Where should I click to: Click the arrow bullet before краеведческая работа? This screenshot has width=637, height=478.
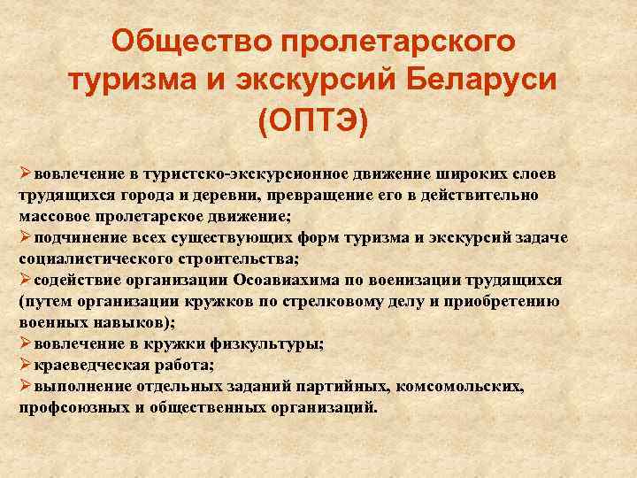coord(26,365)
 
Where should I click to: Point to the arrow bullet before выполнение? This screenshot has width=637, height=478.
coord(26,386)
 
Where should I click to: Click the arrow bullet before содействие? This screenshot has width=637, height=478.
coord(26,279)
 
